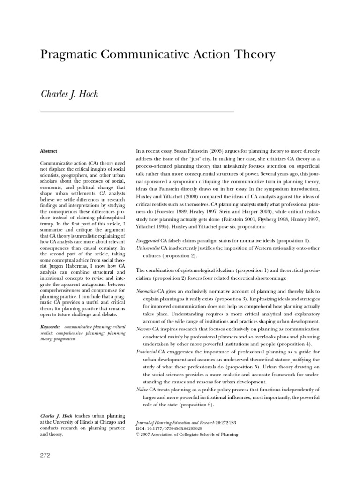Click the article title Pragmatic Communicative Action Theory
[x=157, y=55]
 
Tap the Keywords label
[x=50, y=326]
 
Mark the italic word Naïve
[x=142, y=390]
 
